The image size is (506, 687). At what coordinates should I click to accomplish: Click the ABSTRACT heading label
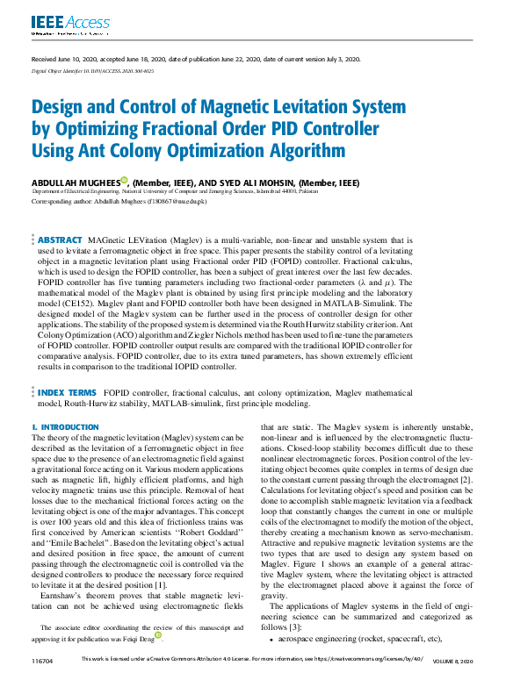pyautogui.click(x=60, y=240)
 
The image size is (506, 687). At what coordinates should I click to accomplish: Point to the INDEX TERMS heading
pyautogui.click(x=67, y=392)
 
